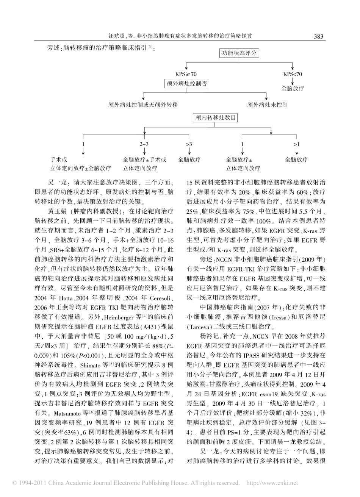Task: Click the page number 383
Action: (318, 37)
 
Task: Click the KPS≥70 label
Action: (186, 74)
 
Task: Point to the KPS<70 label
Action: (293, 74)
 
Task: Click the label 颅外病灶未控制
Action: (267, 104)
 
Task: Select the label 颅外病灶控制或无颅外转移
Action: (142, 104)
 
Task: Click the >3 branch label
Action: (189, 144)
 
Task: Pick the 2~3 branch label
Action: (144, 144)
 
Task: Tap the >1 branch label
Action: (296, 144)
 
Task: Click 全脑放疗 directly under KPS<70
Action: (293, 89)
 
